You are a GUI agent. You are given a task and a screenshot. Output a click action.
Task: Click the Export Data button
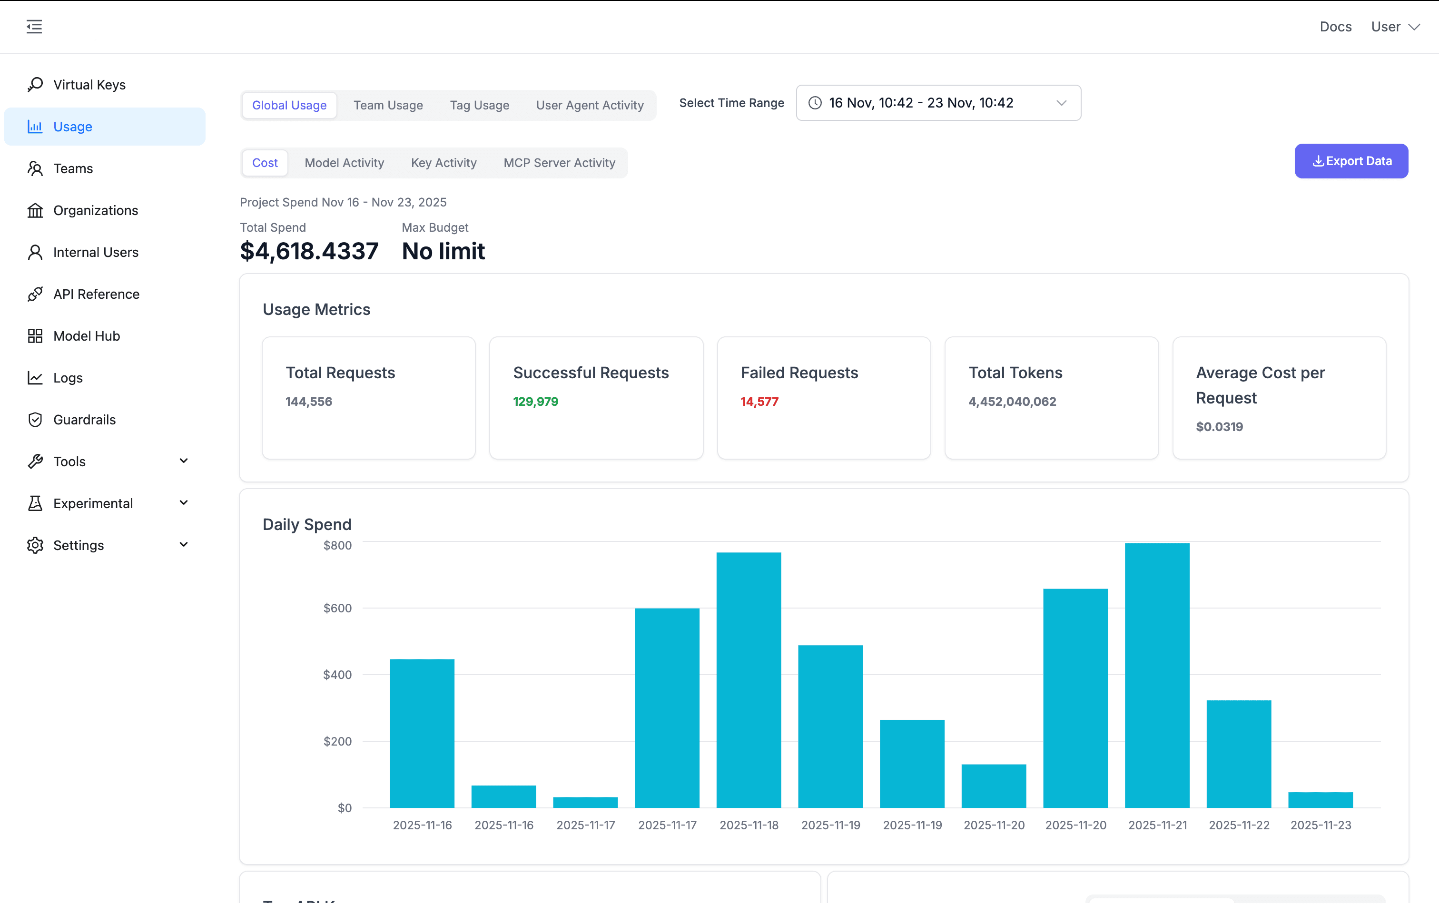[1350, 161]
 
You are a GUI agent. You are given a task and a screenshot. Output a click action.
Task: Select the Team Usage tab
[388, 105]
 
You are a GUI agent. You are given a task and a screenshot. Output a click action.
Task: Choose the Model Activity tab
[344, 163]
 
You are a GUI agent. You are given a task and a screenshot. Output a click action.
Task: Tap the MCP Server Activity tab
[559, 163]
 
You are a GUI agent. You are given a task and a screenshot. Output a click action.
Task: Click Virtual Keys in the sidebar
[89, 85]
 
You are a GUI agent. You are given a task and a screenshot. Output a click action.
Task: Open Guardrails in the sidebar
[84, 420]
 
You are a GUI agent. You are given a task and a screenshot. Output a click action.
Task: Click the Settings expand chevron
[184, 544]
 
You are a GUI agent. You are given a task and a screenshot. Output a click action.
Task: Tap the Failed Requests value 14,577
[759, 402]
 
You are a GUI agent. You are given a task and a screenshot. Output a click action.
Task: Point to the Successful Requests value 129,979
[535, 402]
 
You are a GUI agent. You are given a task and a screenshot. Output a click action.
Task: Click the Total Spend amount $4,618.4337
[309, 251]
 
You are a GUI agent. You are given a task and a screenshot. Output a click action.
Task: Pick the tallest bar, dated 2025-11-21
[1156, 675]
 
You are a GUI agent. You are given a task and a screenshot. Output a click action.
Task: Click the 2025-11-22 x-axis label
[1238, 825]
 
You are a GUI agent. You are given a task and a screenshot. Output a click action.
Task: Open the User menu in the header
[1394, 27]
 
